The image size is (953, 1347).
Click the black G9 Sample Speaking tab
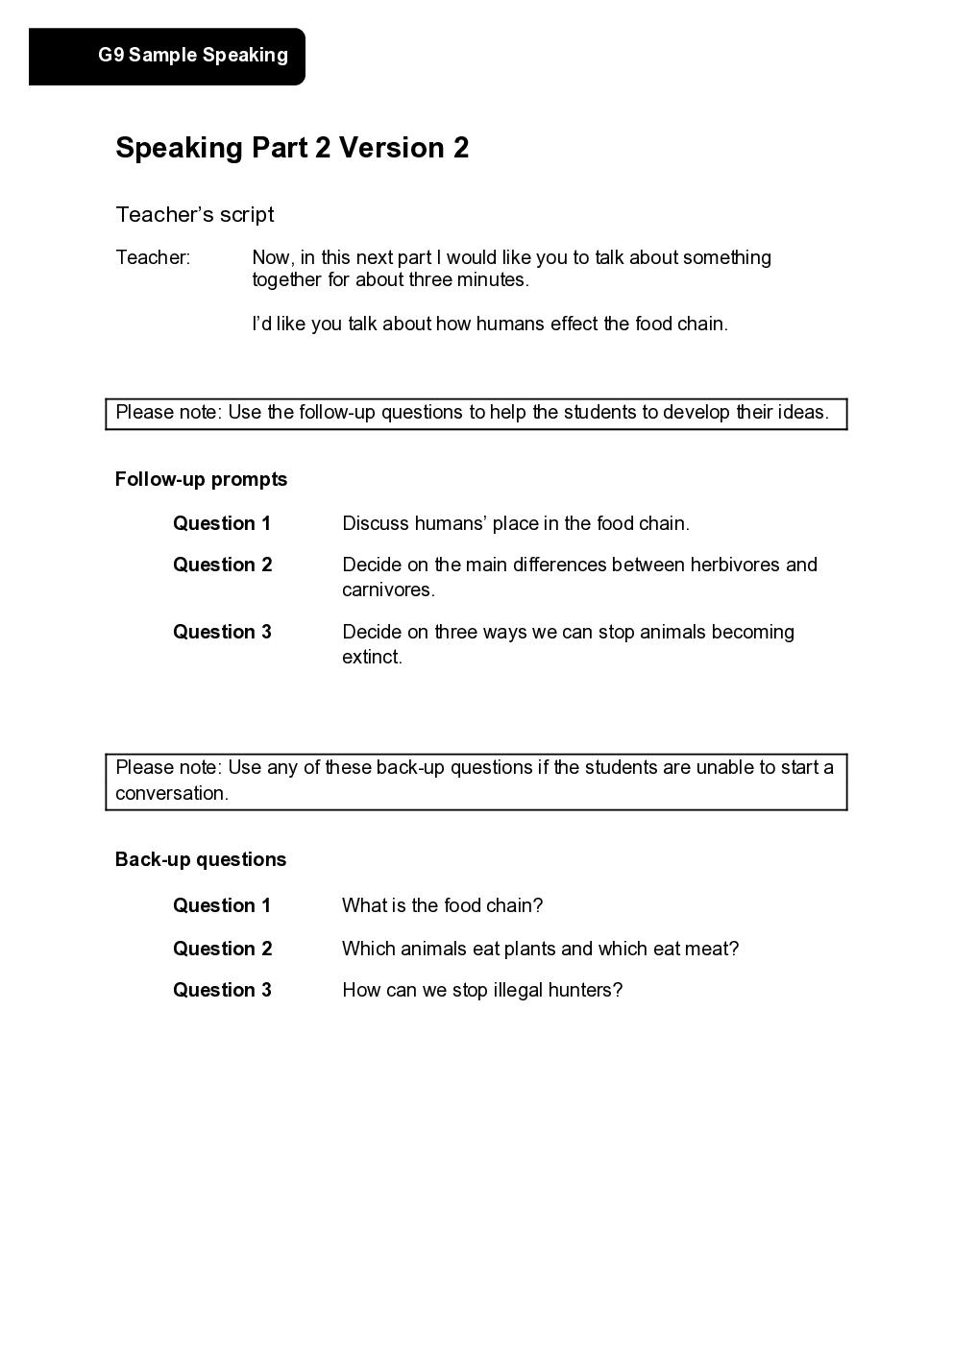(x=167, y=56)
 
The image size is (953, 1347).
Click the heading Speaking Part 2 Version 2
(x=292, y=148)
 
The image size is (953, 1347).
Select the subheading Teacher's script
(x=195, y=215)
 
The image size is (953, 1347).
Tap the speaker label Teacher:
(x=153, y=257)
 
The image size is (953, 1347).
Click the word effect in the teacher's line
(x=574, y=324)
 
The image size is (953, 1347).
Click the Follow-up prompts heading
(x=201, y=479)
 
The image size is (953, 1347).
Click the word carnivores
(x=387, y=589)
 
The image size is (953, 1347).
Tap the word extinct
(x=371, y=657)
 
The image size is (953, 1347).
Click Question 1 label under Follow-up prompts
(x=222, y=523)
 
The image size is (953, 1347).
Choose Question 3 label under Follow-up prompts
(x=222, y=632)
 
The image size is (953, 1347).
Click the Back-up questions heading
(x=201, y=859)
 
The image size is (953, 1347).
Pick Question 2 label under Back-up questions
(x=222, y=949)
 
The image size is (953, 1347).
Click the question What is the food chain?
(x=443, y=905)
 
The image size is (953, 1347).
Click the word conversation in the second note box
(x=171, y=793)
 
